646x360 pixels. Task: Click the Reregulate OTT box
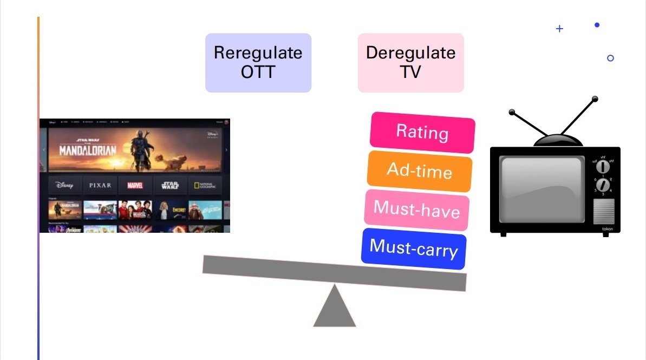258,63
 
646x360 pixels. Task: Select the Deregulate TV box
410,63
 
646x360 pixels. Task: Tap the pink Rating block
422,132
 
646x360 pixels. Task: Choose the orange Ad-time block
420,171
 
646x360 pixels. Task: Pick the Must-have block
416,210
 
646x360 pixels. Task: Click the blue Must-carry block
414,249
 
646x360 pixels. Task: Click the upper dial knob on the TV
603,167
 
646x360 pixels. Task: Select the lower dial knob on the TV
603,186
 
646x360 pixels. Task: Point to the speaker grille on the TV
604,212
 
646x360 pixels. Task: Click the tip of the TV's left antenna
511,113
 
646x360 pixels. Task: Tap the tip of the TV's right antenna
595,99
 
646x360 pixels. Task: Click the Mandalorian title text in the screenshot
87,150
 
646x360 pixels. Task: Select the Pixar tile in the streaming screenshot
100,185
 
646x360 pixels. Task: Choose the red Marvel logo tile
135,185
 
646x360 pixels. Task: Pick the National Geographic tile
205,185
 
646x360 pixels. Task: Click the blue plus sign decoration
559,29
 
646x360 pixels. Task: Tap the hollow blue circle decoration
610,58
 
